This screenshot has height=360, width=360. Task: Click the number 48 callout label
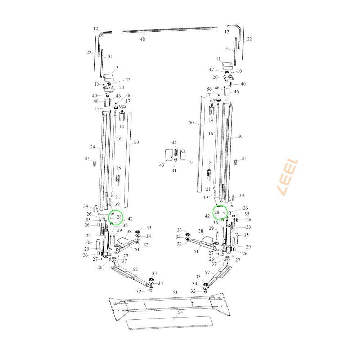click(143, 39)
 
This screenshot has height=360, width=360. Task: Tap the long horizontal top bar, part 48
click(170, 30)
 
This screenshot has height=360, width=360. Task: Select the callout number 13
click(116, 68)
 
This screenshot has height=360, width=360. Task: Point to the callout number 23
click(121, 87)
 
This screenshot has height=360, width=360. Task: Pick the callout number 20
click(215, 77)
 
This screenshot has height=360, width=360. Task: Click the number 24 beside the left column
click(93, 147)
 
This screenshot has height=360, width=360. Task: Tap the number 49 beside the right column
click(240, 137)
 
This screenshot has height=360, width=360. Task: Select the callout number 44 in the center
click(174, 143)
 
